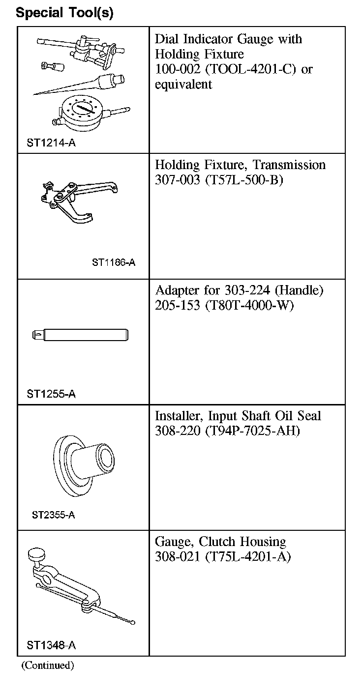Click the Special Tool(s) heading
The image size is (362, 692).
(64, 13)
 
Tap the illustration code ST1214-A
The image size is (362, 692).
(51, 143)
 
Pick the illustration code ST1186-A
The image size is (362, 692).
(113, 262)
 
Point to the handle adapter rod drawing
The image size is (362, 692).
(81, 335)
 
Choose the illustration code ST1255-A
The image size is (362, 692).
(51, 394)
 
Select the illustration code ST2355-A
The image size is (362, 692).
(53, 515)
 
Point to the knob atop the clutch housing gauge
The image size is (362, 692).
(36, 554)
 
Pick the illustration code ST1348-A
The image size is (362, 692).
(51, 645)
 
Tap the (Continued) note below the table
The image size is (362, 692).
(47, 666)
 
